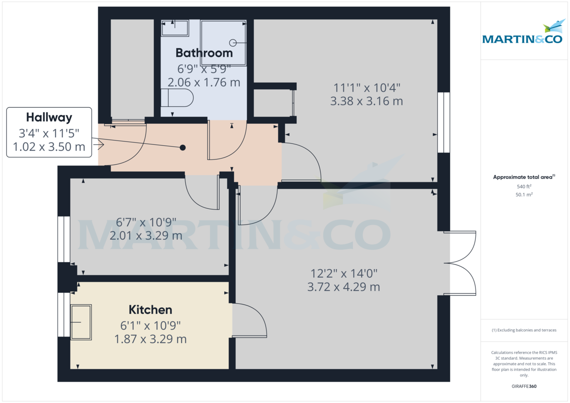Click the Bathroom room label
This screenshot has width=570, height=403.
coord(204,53)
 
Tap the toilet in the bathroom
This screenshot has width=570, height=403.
coord(177,99)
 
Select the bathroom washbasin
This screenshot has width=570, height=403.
coord(175,28)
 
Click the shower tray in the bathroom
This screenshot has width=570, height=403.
coord(224,42)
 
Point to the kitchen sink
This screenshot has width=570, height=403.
coord(81,322)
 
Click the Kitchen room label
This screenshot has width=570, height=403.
coord(150,310)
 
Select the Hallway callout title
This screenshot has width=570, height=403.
coord(49,117)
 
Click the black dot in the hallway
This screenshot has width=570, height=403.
coord(183,148)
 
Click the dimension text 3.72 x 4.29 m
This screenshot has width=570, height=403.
coord(343,287)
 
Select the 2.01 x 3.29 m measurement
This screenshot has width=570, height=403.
coord(146,235)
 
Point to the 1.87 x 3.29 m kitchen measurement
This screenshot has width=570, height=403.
coord(150,339)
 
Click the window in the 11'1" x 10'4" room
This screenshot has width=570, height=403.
coord(443,122)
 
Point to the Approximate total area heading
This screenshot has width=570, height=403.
coord(523,177)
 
